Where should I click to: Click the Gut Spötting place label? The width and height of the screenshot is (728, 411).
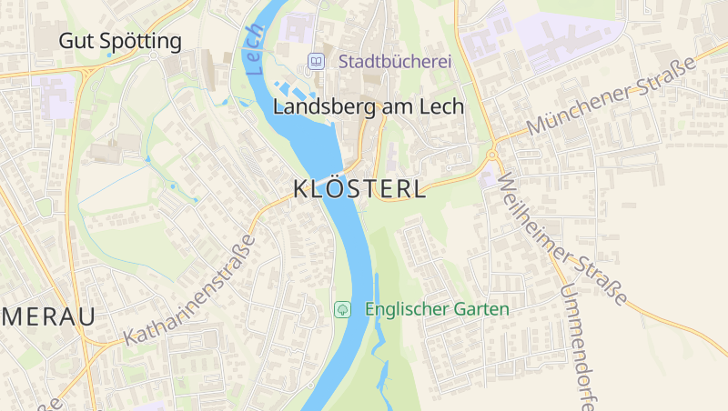[120, 41]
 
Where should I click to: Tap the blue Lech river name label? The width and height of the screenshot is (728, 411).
[254, 49]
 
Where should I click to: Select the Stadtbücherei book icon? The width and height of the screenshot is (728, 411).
[316, 62]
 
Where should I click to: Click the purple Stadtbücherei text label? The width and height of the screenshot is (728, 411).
[395, 62]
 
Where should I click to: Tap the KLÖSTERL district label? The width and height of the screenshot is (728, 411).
[359, 189]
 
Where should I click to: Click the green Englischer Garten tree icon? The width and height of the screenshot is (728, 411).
[342, 309]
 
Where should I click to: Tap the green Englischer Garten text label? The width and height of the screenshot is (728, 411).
[437, 309]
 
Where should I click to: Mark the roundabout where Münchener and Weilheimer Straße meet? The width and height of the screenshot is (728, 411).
[491, 155]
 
